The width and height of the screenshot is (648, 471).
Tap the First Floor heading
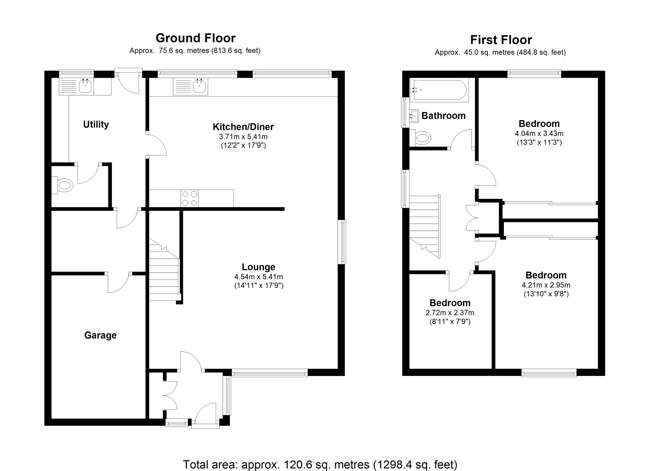coord(501,40)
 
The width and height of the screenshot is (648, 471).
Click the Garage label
coord(100,335)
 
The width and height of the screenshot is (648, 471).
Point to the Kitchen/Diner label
coord(243,127)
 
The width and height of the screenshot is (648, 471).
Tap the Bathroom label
coord(443,116)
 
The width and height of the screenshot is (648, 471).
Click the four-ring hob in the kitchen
coord(189,198)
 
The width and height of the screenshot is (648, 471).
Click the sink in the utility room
coord(85,86)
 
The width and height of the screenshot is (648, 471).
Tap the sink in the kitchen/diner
coord(199,86)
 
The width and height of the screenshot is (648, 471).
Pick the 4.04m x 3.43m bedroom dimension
coord(539,133)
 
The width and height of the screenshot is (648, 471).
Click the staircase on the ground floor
coord(164,274)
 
